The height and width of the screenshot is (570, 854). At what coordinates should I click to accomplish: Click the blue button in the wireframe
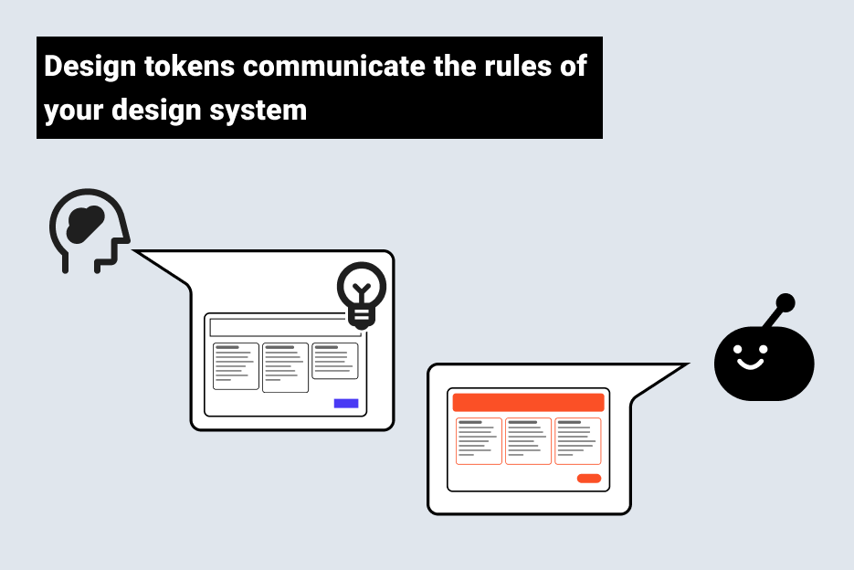tap(346, 403)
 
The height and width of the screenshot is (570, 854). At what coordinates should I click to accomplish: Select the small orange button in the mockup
tap(589, 479)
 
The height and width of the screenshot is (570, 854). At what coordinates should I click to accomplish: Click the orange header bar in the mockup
tap(528, 403)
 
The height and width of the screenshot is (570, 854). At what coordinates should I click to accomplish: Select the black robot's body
tap(764, 364)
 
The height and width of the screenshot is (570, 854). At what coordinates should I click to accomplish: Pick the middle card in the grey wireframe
tap(285, 367)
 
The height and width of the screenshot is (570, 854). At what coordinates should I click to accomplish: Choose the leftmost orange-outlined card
tap(479, 441)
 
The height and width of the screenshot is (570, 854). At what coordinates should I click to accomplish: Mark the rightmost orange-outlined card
tap(577, 441)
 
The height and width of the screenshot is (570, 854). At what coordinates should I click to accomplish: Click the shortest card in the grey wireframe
tap(335, 361)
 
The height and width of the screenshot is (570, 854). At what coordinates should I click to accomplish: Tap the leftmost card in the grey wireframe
tap(236, 365)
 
